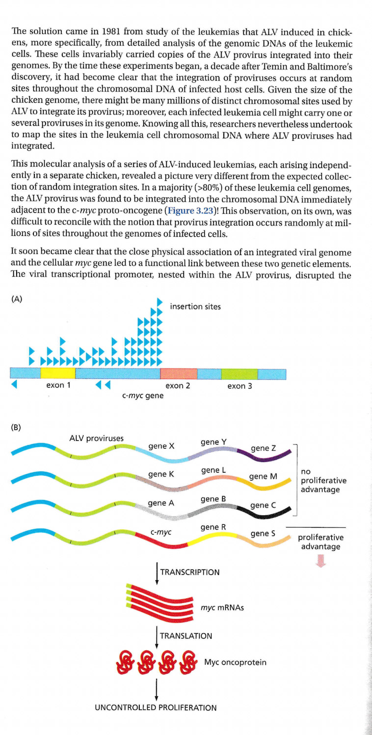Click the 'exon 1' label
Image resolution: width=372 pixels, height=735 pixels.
coord(58,386)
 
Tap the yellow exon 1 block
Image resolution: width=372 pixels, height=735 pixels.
coord(58,372)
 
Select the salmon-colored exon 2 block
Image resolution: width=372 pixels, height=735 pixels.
coord(179,372)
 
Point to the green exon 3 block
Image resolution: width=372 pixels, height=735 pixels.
coord(239,372)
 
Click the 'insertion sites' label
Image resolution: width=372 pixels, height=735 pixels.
coord(195,307)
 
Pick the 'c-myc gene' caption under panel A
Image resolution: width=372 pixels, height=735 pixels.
coord(143,395)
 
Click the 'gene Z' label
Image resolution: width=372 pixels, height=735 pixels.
coord(264,448)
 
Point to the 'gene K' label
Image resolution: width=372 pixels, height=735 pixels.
coord(161,475)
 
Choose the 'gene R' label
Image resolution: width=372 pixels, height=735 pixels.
coord(213,527)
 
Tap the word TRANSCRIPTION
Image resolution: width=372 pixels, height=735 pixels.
coord(190,572)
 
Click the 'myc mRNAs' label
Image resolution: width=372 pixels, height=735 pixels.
coord(222,608)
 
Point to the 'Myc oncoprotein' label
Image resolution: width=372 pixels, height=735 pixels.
coord(236,662)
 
